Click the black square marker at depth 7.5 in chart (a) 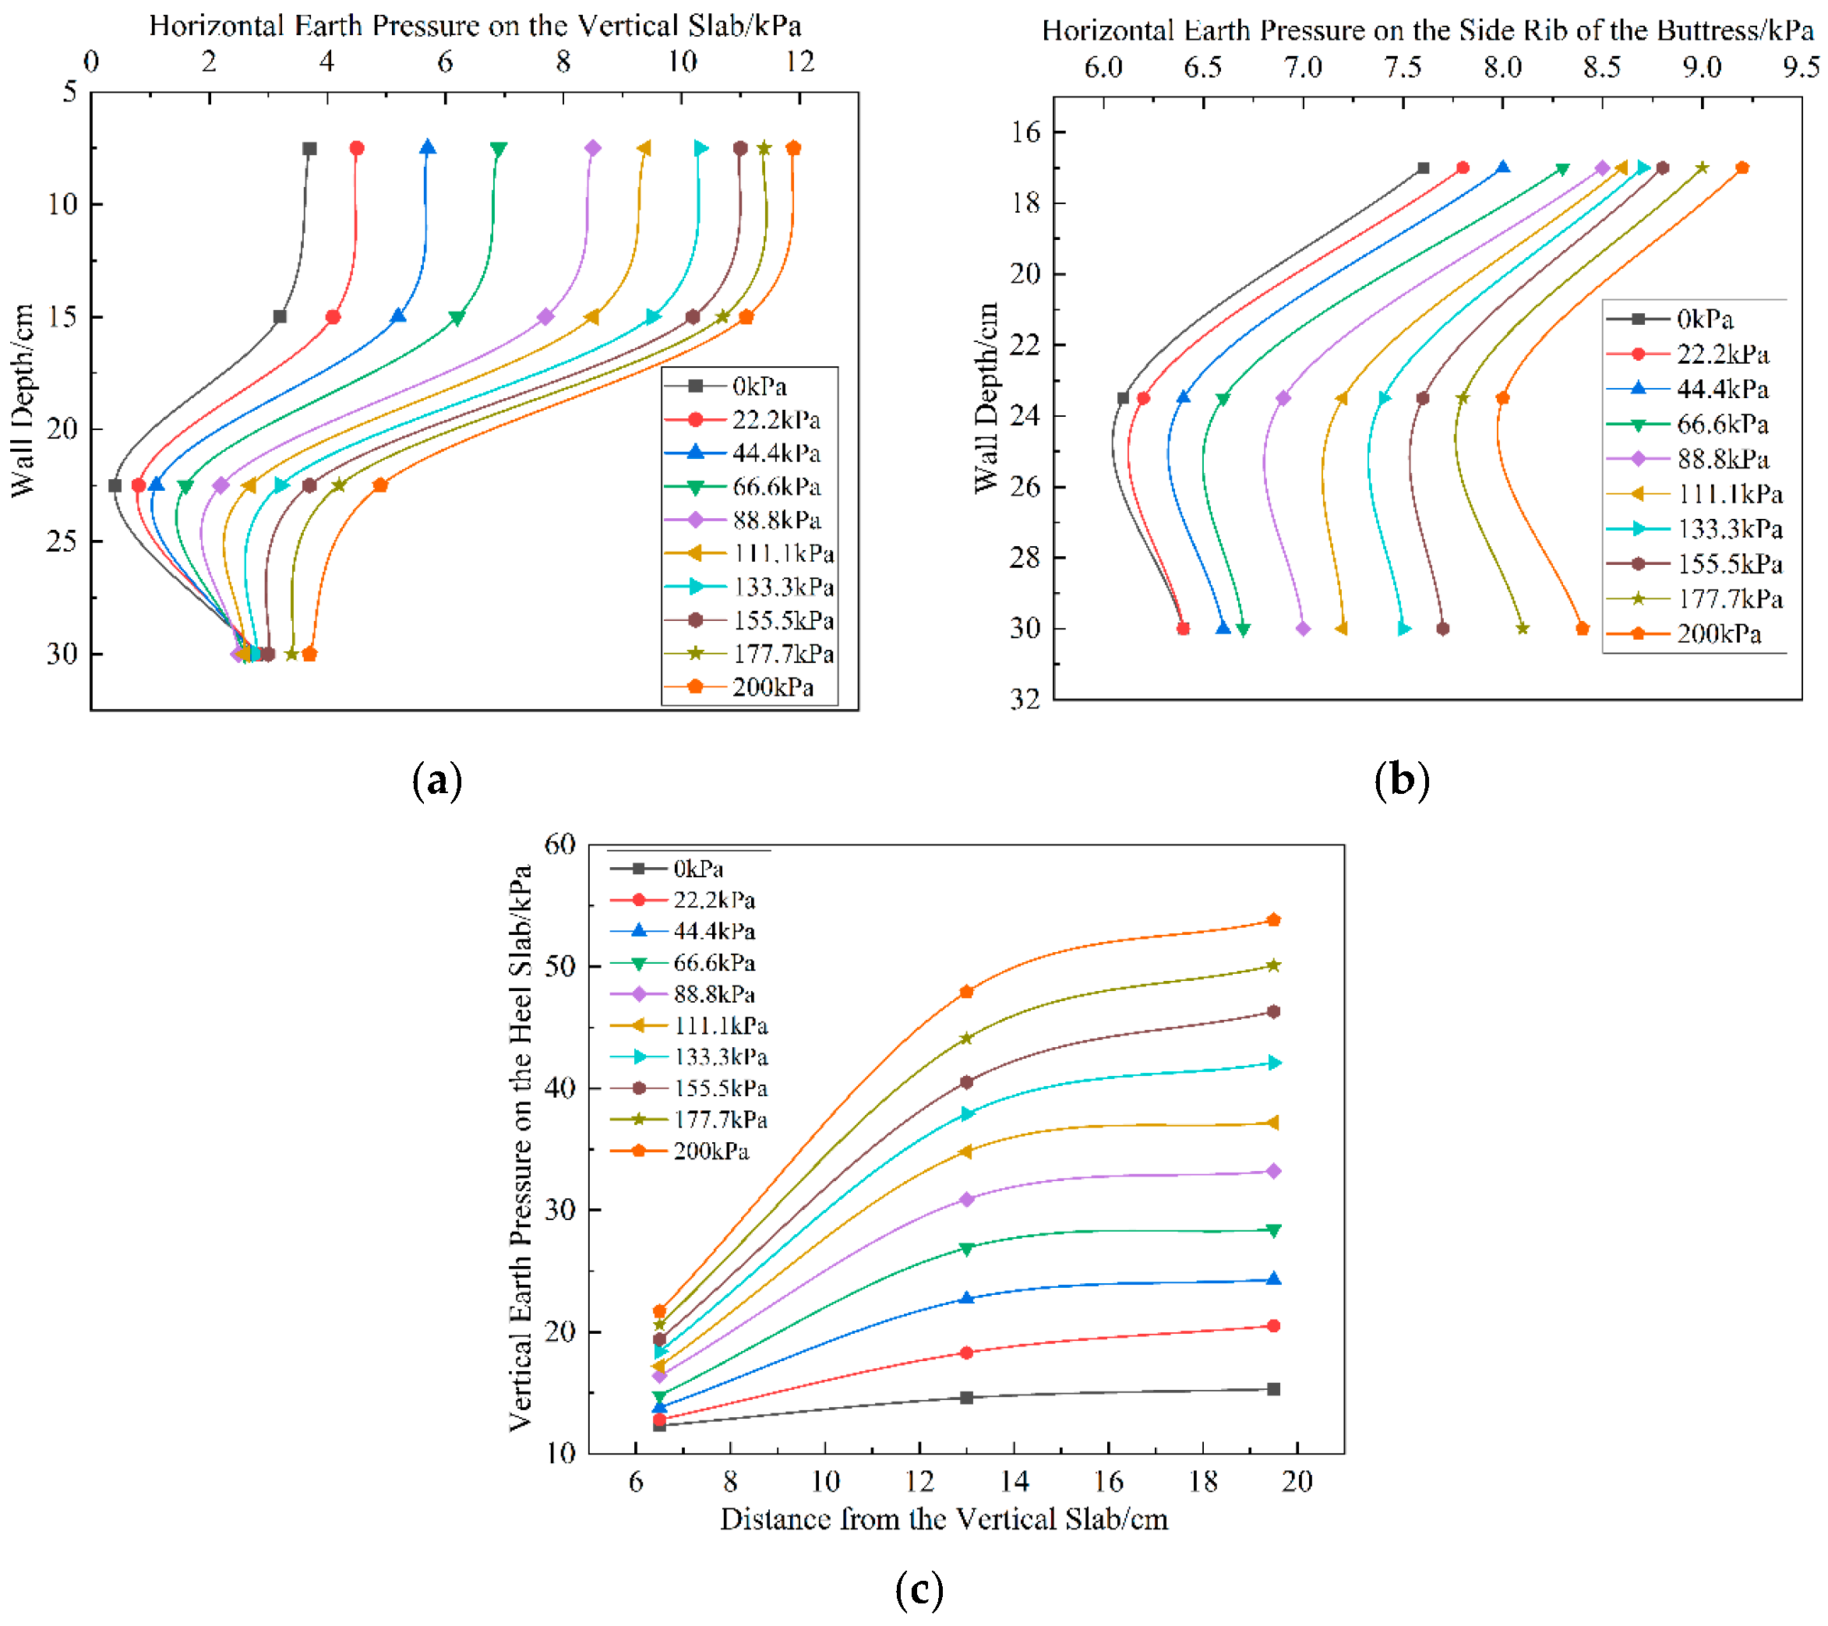(x=309, y=149)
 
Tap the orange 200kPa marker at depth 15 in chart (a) (x=746, y=316)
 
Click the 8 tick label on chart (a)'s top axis (x=563, y=62)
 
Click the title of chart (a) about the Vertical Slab (x=474, y=25)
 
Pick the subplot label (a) (x=437, y=780)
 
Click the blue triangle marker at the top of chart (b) (x=1502, y=168)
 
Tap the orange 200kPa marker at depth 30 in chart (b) (x=1582, y=628)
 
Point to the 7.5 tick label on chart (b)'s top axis (x=1402, y=67)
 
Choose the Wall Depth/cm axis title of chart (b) (x=986, y=397)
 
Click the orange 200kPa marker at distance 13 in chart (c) (x=966, y=991)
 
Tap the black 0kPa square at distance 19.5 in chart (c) (x=1273, y=1389)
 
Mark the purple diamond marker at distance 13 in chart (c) (x=966, y=1198)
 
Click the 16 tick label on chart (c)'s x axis (x=1108, y=1482)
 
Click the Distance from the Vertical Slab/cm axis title (x=944, y=1519)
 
